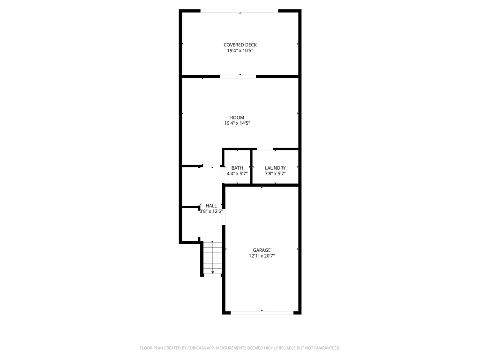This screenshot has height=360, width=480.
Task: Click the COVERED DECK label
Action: (x=240, y=45)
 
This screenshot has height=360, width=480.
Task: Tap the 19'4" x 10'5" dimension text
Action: (x=240, y=51)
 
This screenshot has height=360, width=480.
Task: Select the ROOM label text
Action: (x=237, y=118)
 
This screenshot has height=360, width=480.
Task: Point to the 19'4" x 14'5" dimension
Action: (x=237, y=123)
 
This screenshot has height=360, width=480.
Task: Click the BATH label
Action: (x=237, y=168)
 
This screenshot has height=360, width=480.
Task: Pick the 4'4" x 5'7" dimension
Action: (x=237, y=173)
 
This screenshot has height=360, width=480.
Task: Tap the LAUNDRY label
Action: (x=275, y=168)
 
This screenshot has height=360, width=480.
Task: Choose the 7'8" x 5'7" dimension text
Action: (x=275, y=173)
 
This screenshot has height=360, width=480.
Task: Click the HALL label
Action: (x=211, y=206)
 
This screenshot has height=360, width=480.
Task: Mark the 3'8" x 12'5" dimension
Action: (x=211, y=211)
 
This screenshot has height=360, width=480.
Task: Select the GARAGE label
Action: (x=262, y=250)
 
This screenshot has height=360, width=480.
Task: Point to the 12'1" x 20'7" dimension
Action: (x=262, y=256)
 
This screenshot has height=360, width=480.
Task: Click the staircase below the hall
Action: (x=212, y=258)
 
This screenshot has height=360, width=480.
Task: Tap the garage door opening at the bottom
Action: (x=262, y=312)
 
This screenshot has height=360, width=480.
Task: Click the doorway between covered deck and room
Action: (x=238, y=76)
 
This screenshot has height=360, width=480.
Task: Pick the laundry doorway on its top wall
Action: (x=266, y=150)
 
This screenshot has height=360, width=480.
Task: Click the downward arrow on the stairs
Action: (x=213, y=272)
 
